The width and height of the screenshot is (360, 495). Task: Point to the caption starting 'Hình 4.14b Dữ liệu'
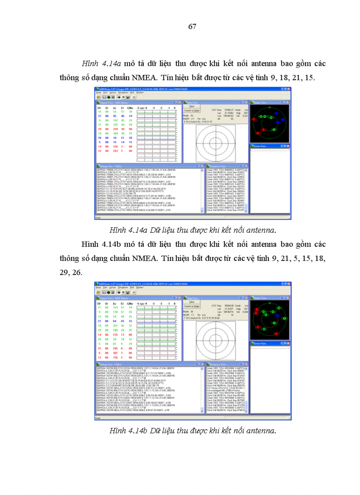(193, 430)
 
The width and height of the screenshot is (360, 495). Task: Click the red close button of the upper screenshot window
(289, 90)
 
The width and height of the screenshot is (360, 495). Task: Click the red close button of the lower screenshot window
(289, 284)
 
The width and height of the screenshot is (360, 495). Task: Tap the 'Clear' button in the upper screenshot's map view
(191, 106)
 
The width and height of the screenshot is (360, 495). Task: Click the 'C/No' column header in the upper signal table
(130, 108)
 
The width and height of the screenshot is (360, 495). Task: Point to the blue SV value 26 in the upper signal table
(100, 138)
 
